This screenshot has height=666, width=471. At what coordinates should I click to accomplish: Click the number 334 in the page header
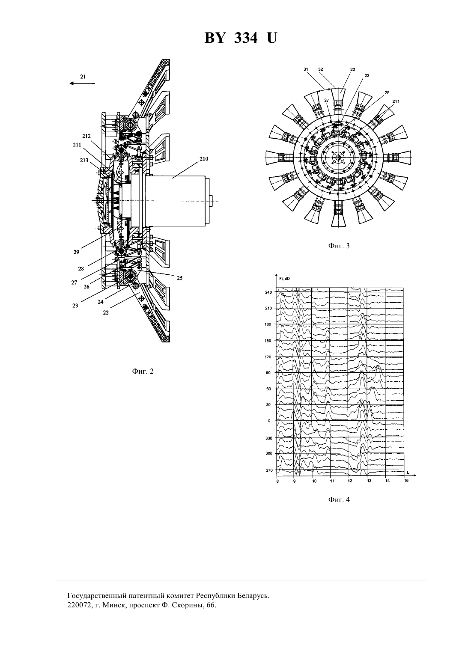click(246, 38)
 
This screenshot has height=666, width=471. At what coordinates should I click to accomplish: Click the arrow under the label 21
click(82, 83)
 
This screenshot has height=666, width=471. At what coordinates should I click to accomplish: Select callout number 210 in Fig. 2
click(204, 159)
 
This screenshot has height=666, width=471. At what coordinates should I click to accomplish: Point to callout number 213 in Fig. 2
click(84, 160)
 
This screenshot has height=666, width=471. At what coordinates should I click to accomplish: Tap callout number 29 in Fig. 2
click(76, 252)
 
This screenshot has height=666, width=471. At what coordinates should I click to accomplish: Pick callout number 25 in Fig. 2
click(179, 278)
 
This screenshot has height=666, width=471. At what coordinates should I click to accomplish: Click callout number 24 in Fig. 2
click(101, 302)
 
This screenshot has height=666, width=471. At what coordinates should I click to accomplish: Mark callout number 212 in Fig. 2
click(86, 136)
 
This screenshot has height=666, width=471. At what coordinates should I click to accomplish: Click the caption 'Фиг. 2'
click(143, 372)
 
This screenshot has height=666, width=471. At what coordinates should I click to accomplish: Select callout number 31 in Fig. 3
click(306, 69)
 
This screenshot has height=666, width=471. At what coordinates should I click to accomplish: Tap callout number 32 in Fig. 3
click(321, 69)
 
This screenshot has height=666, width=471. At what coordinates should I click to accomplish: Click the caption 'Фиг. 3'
click(339, 246)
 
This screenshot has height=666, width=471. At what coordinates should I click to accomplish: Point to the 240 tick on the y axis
click(268, 292)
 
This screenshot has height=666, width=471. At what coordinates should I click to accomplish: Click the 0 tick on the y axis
click(269, 421)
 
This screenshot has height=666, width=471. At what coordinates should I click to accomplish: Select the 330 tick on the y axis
click(268, 438)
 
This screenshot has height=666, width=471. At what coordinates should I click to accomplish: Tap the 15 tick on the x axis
click(406, 480)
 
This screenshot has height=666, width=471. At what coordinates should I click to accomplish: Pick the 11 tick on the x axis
click(332, 481)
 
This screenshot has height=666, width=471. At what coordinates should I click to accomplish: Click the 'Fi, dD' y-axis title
click(285, 279)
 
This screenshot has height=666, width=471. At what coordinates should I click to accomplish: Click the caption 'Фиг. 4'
click(339, 500)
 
